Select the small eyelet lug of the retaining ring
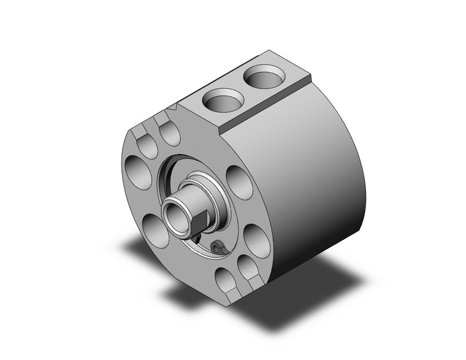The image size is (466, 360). (216, 247)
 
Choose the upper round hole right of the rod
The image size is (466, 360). (239, 183)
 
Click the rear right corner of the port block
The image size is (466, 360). (310, 76)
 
